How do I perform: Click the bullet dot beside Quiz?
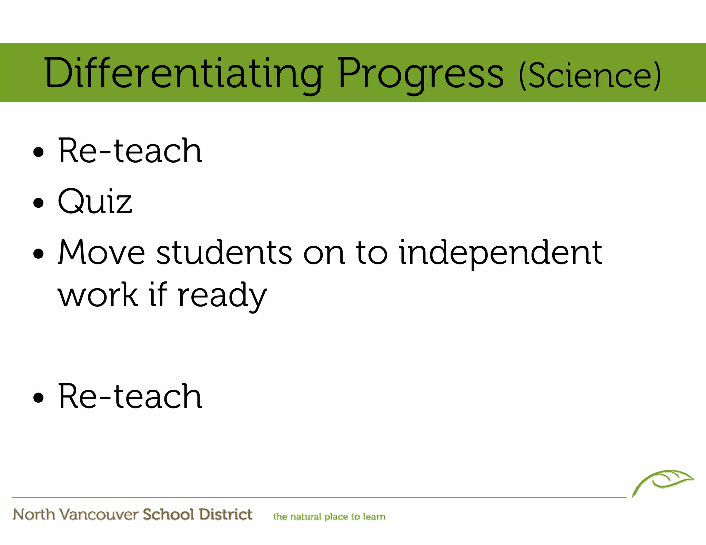[39, 203]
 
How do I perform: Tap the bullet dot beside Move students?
[39, 254]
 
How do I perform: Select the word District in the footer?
[226, 514]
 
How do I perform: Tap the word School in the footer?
[169, 514]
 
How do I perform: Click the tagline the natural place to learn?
[329, 517]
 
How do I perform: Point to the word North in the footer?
[34, 515]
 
